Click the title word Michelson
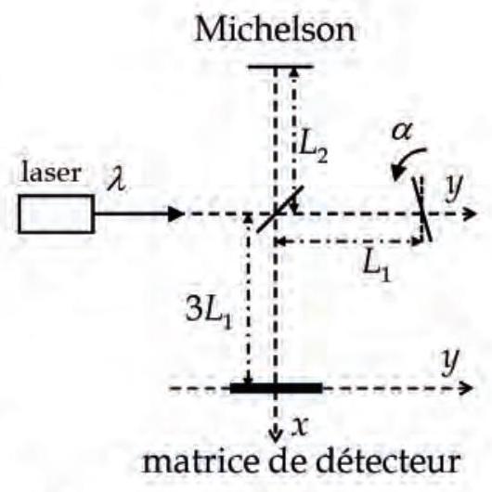tap(275, 29)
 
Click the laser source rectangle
tap(57, 214)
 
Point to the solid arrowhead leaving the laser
tap(175, 214)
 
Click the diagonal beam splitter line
tap(280, 209)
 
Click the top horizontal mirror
tap(280, 67)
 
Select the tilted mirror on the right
tap(422, 210)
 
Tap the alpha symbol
tap(402, 131)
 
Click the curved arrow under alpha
tap(405, 159)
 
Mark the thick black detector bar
tap(276, 388)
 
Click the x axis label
tap(300, 426)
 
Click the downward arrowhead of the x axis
tap(275, 438)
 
